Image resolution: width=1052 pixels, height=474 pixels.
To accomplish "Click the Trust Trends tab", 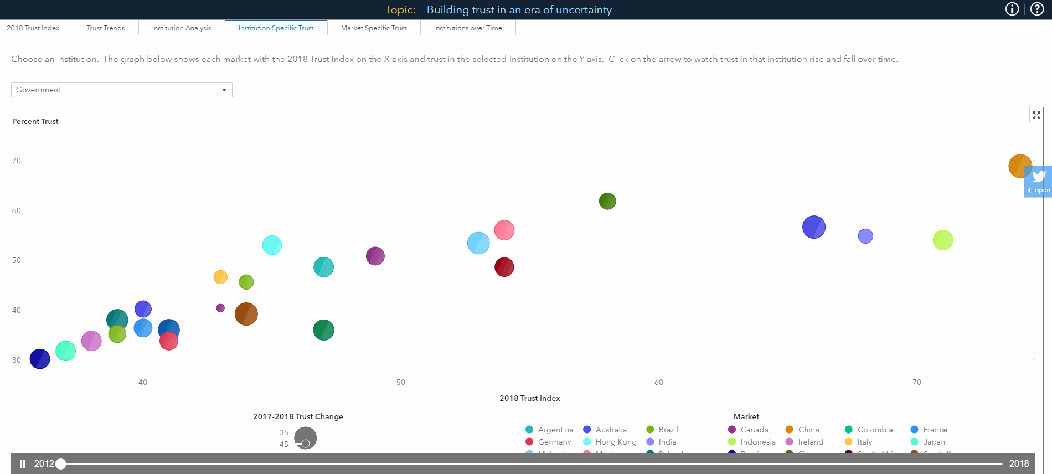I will click(105, 28).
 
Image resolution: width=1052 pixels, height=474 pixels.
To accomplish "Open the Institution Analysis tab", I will click(182, 28).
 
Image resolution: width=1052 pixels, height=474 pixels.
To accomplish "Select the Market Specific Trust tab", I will click(374, 28).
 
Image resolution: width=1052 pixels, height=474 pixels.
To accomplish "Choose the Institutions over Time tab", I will click(468, 28).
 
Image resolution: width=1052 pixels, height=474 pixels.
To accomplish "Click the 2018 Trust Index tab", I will click(33, 28).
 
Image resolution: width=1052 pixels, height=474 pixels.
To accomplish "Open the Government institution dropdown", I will click(122, 90).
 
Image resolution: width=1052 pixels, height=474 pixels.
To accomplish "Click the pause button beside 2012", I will click(23, 464).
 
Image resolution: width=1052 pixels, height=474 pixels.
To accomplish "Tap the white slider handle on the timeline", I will click(61, 464).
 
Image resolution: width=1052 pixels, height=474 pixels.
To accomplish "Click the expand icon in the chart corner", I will click(1036, 115).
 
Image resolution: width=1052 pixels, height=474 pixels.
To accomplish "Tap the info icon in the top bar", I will click(1012, 9).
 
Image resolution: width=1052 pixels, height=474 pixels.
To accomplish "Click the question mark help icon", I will click(1037, 9).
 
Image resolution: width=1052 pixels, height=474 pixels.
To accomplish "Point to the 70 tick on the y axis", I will click(17, 161).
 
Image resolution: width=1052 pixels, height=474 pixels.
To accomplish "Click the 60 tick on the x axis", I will click(659, 382).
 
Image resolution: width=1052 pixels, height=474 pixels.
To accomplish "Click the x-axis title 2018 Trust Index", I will click(529, 398).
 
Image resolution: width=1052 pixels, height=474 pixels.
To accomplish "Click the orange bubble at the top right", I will click(1019, 166).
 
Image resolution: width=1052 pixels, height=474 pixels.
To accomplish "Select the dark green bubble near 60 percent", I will click(607, 201).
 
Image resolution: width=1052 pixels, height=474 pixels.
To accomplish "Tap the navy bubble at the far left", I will click(40, 359).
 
